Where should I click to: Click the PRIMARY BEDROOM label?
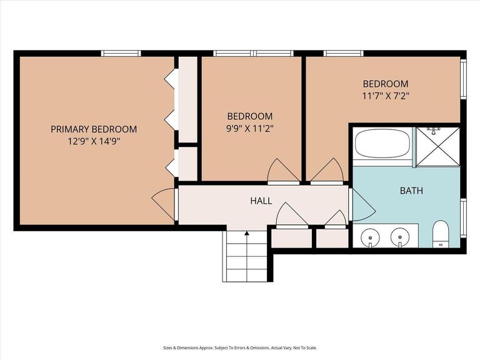point(94,129)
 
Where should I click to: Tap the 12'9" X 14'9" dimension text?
point(94,141)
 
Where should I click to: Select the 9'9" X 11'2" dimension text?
point(250,128)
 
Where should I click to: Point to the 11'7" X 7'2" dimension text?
point(386,96)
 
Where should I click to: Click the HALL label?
point(261,201)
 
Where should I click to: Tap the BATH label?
point(411,191)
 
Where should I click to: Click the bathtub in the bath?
point(382,143)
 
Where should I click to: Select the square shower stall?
point(438,147)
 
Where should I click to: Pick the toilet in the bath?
point(441,234)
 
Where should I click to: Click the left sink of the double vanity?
point(370,237)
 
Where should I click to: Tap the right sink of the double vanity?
point(400,237)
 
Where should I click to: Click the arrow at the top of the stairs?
point(247,234)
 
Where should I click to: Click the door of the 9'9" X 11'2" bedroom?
point(283,171)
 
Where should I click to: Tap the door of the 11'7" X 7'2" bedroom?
point(327,171)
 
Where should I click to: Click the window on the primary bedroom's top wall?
point(121,53)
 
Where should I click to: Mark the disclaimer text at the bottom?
point(240,347)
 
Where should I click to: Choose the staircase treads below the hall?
point(245,256)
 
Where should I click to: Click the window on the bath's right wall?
point(464,218)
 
